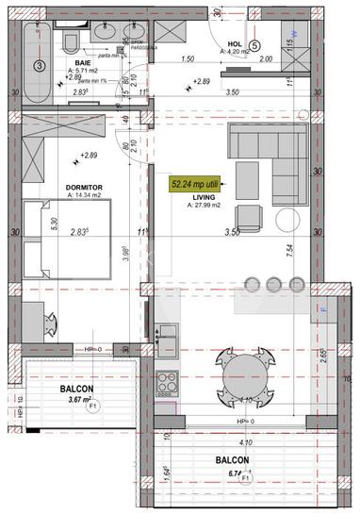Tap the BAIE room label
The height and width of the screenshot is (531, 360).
(x=83, y=63)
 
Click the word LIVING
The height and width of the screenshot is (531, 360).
(x=205, y=196)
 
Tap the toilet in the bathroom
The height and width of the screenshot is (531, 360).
(x=70, y=41)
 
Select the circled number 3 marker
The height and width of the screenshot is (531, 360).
(x=39, y=66)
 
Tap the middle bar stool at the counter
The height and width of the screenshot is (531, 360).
(x=274, y=284)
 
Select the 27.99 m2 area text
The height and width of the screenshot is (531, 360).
(x=205, y=205)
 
